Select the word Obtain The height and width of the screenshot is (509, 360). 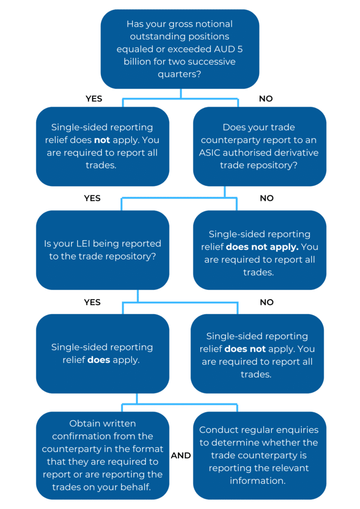tap(85, 424)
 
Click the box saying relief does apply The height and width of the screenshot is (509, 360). tap(102, 353)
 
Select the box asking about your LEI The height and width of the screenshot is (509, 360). tap(102, 250)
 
